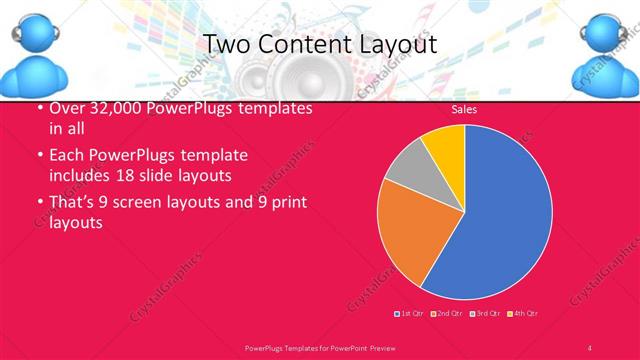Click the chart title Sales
point(464,109)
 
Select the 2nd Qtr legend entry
point(448,314)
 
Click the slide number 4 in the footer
point(590,346)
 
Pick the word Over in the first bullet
point(66,110)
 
